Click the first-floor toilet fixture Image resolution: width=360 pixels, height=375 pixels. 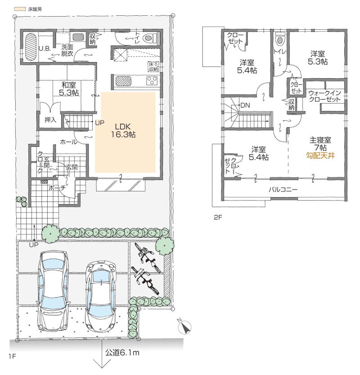[x=147, y=39]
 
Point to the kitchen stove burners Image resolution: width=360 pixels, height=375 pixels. [x=151, y=81]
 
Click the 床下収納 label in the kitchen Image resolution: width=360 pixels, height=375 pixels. [x=152, y=67]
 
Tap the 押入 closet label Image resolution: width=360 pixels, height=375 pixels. [x=50, y=120]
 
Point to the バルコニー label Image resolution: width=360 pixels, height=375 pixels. [x=283, y=190]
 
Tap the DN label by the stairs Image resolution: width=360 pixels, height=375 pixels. [x=246, y=105]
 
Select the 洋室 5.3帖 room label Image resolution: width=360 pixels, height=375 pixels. [x=318, y=58]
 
